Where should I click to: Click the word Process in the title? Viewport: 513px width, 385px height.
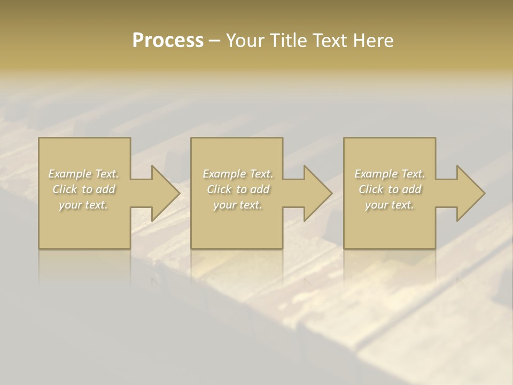(168, 40)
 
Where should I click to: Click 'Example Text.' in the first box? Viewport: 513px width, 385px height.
(83, 174)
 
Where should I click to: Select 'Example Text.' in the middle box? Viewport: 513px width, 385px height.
(237, 174)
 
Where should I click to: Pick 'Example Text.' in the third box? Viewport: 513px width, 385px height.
(390, 174)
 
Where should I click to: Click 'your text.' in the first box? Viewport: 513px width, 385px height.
(83, 204)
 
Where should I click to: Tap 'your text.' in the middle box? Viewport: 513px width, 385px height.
(237, 204)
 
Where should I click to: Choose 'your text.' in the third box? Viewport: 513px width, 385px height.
(390, 204)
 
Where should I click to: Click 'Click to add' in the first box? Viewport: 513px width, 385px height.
(83, 189)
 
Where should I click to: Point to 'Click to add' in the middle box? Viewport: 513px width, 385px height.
(237, 189)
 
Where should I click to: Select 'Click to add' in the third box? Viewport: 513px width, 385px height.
(390, 189)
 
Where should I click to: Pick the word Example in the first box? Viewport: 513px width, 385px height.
(70, 174)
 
